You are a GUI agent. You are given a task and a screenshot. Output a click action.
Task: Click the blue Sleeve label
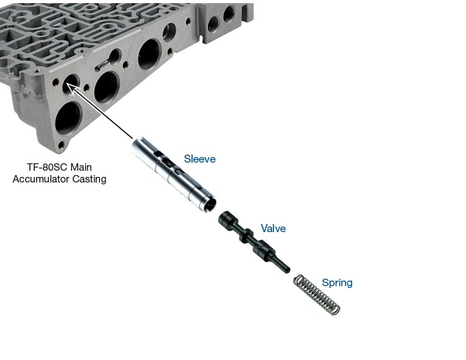click(x=199, y=159)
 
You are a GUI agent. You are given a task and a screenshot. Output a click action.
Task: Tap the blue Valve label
click(x=273, y=228)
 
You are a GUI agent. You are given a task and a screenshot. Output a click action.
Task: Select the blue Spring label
click(x=337, y=283)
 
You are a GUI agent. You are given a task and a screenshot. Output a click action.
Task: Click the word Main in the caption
click(x=81, y=167)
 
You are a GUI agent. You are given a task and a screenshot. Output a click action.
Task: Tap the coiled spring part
click(x=316, y=294)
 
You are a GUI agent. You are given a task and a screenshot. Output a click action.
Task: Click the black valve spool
click(x=254, y=242)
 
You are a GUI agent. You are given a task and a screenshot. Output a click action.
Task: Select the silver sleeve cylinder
click(x=174, y=174)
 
